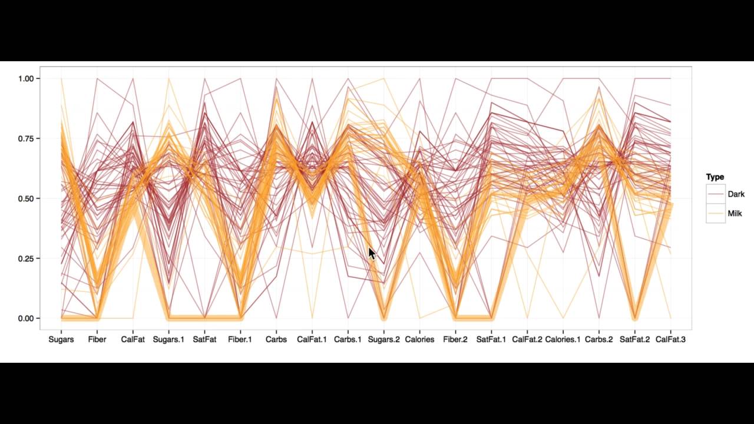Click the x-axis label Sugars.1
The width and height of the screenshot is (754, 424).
point(168,340)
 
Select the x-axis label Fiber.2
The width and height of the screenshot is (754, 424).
point(455,340)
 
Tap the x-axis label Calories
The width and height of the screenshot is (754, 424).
point(419,340)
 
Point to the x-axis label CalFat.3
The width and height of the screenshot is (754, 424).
point(670,340)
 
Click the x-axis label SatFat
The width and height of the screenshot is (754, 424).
point(204,340)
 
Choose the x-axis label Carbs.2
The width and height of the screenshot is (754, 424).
point(598,340)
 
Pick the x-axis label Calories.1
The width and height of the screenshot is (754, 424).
point(563,340)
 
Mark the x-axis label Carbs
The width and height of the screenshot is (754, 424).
point(276,340)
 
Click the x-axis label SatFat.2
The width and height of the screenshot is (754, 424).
point(634,340)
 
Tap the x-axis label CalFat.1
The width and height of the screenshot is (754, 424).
point(312,340)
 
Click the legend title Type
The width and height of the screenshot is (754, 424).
point(715,177)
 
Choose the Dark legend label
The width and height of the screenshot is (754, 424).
point(736,194)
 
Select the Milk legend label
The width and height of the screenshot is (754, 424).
point(735,213)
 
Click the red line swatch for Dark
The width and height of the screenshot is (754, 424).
point(716,194)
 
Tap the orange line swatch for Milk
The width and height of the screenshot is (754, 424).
point(716,213)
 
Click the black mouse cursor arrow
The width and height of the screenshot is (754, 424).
point(372,253)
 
